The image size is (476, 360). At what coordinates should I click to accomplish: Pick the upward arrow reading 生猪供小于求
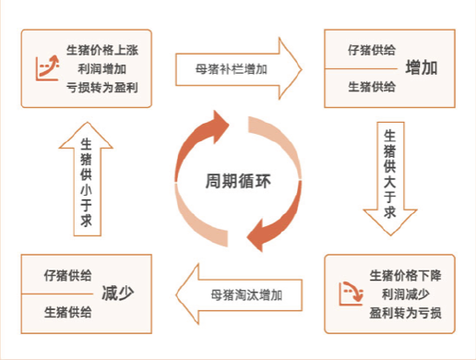[x=86, y=179]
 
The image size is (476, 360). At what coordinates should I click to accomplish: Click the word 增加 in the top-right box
[x=422, y=68]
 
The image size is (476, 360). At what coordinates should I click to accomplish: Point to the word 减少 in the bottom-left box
[x=118, y=294]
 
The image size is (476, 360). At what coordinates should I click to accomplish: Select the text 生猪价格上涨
[x=104, y=49]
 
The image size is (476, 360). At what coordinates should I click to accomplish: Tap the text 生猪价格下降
[x=405, y=275]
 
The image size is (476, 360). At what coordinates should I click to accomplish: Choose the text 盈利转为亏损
[x=405, y=313]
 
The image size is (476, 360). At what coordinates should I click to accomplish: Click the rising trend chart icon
[x=46, y=66]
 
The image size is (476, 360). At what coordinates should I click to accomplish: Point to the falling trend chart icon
[x=350, y=294]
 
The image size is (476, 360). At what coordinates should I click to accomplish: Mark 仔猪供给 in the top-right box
[x=372, y=49]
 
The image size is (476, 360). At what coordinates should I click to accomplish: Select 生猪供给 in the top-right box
[x=372, y=87]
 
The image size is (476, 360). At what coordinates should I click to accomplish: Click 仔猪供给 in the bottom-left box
[x=67, y=275]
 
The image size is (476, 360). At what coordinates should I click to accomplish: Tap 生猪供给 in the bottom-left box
[x=67, y=313]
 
